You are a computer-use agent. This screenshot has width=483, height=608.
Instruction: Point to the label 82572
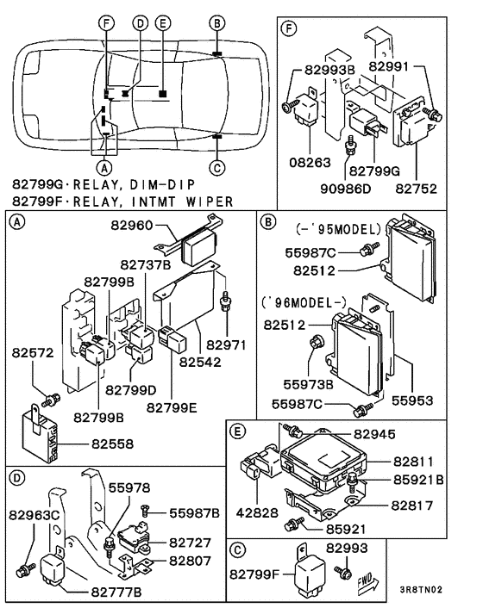click(x=33, y=352)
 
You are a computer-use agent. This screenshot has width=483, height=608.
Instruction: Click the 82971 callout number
click(x=228, y=344)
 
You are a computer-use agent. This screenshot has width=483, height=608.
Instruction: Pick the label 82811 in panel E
click(x=417, y=462)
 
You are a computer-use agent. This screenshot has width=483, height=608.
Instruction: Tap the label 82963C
click(x=34, y=515)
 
